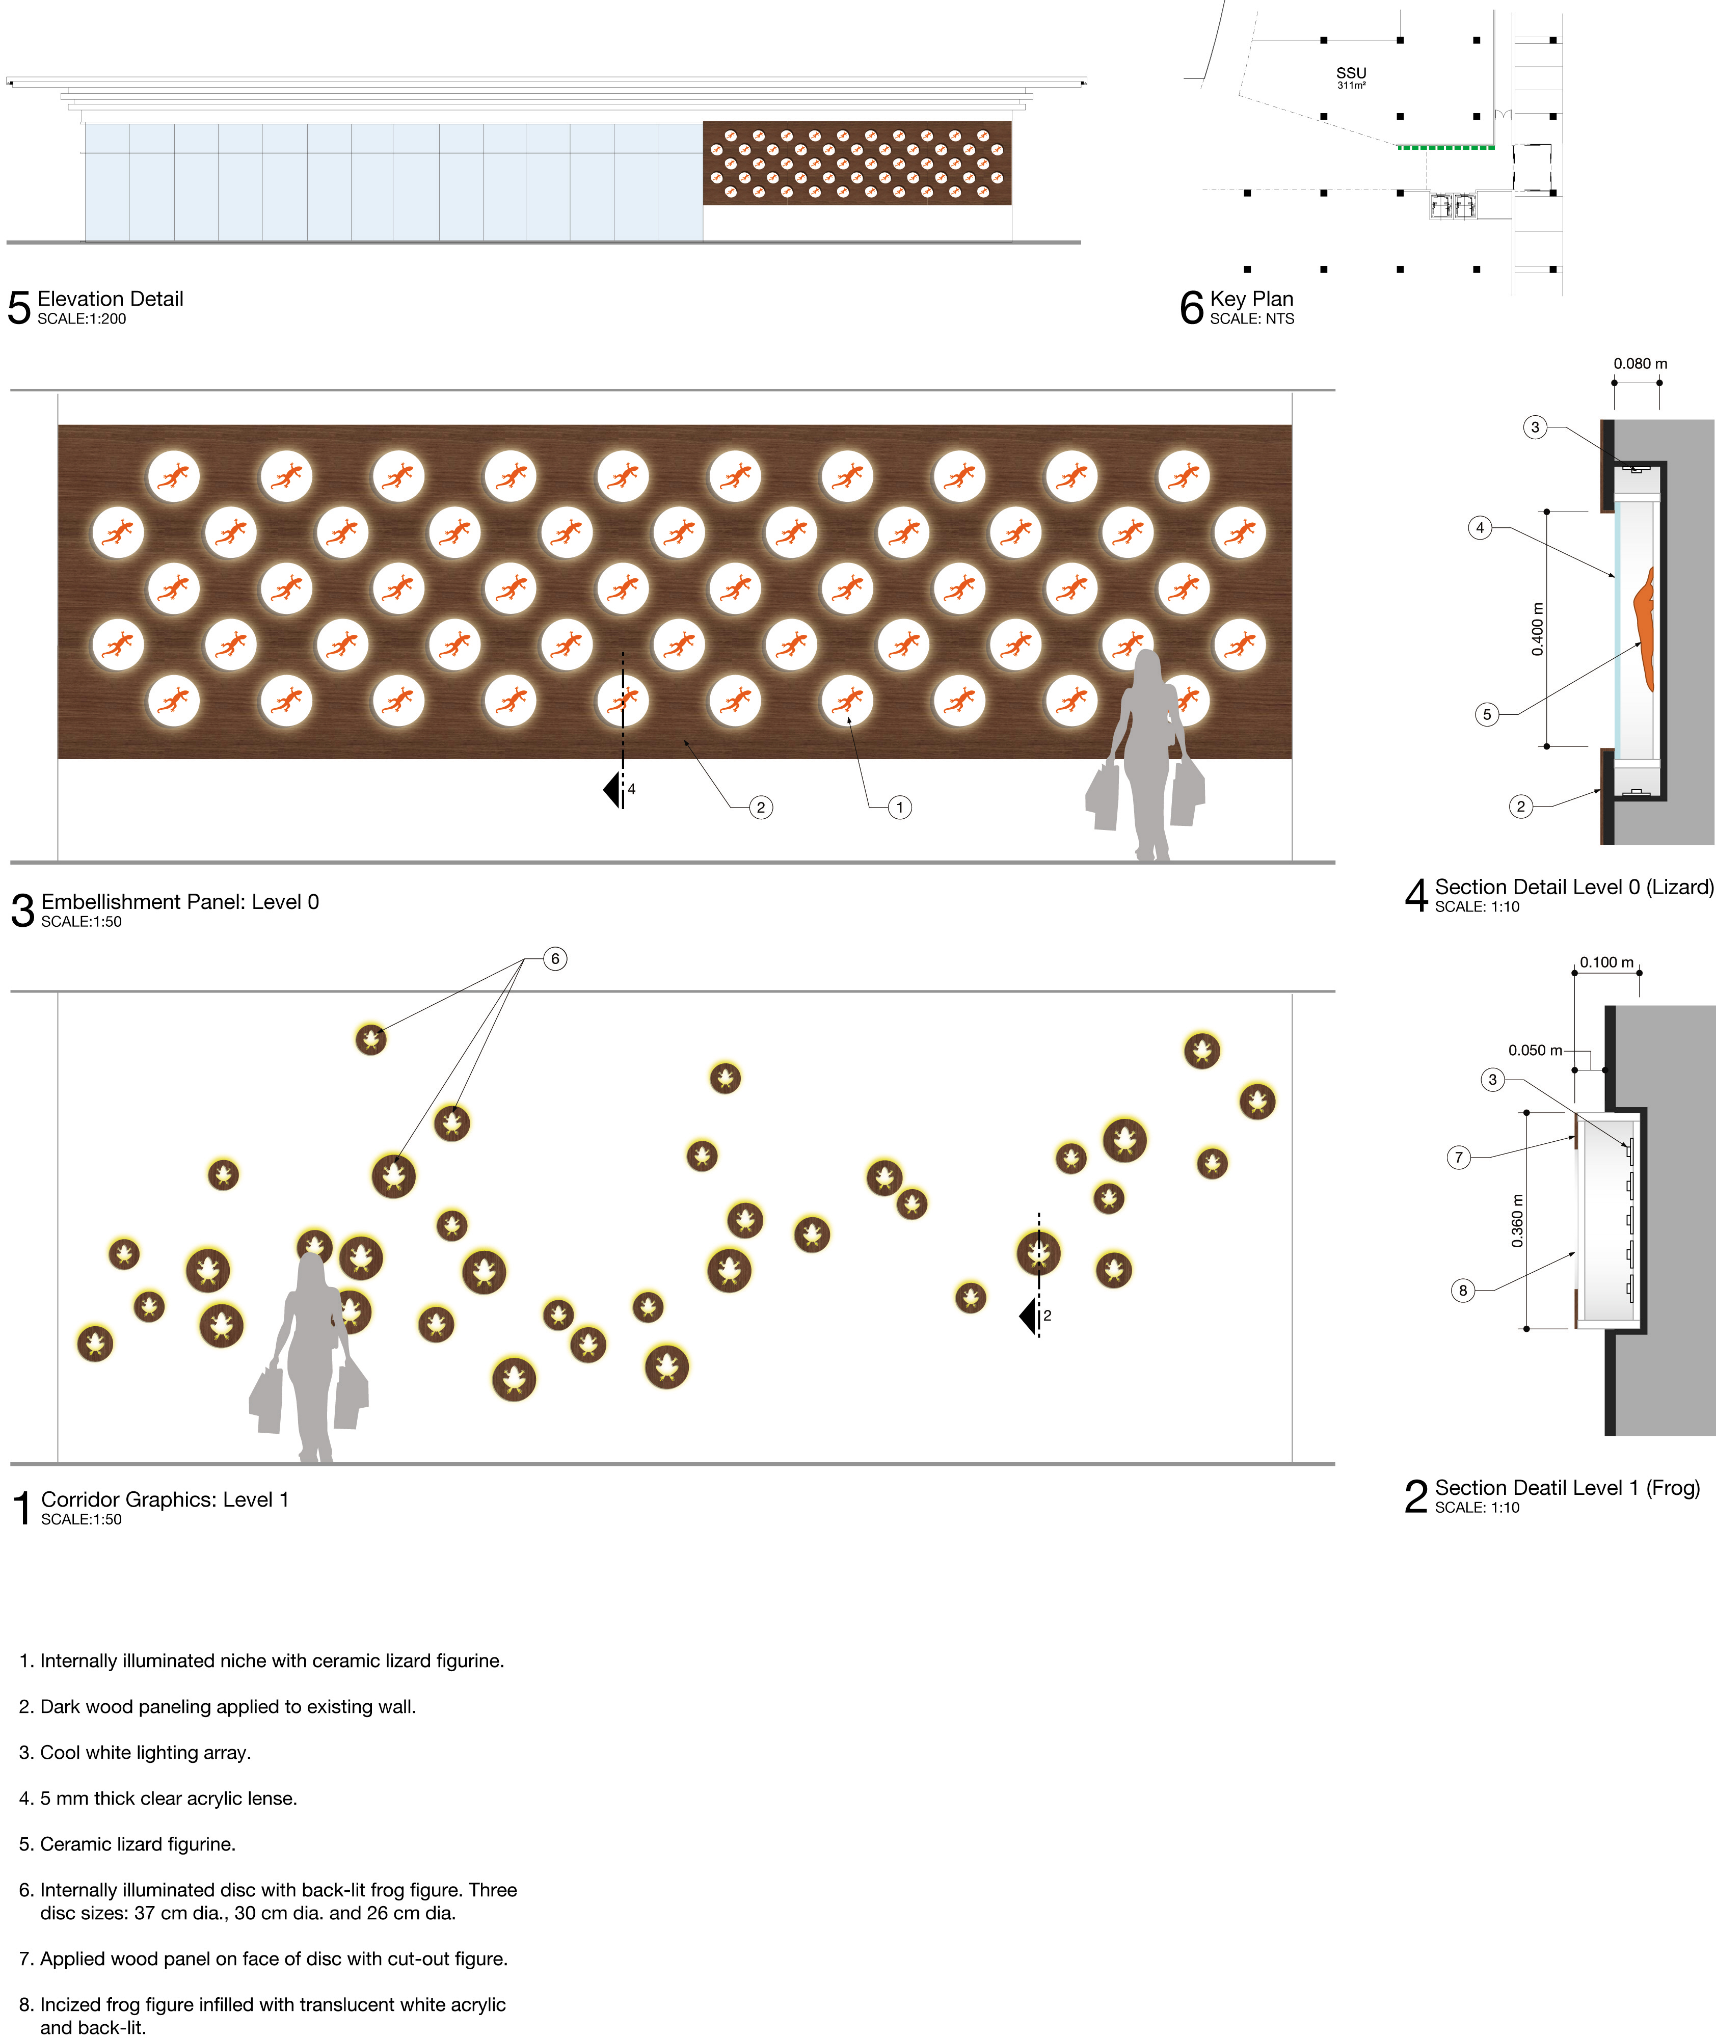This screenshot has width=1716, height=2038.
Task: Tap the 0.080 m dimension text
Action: (1640, 364)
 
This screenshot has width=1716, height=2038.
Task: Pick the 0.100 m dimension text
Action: (1606, 962)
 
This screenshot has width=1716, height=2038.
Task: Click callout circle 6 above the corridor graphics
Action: (554, 959)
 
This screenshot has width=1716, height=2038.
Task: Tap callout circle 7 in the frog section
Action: (1458, 1158)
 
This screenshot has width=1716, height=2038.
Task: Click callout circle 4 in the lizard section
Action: (1480, 528)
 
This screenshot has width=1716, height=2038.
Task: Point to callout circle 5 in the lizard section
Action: (1486, 715)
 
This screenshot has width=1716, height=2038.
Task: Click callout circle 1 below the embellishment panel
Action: (900, 808)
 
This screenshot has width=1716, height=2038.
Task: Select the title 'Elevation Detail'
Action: (110, 299)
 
